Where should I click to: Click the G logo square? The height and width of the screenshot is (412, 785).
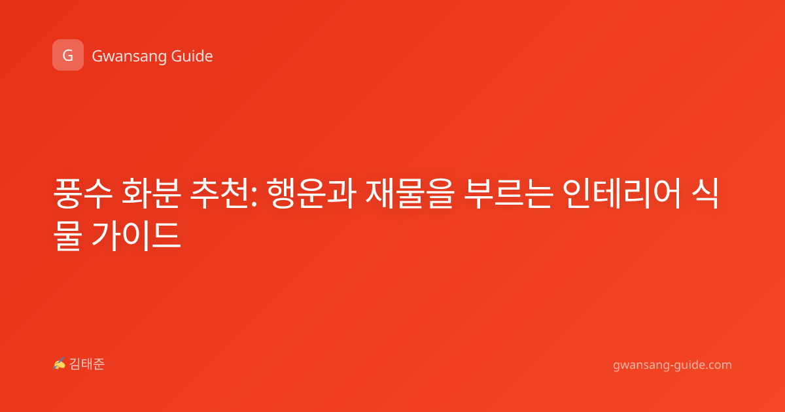pyautogui.click(x=68, y=55)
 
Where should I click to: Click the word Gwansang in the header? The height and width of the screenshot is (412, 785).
pyautogui.click(x=129, y=57)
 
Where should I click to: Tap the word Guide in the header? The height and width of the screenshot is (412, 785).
pyautogui.click(x=192, y=56)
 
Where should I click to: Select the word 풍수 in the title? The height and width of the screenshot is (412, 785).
pyautogui.click(x=83, y=194)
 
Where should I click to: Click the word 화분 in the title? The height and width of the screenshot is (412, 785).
pyautogui.click(x=151, y=194)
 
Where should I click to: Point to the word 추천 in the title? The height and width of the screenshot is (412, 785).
pyautogui.click(x=220, y=194)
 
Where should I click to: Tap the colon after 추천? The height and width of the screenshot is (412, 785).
pyautogui.click(x=254, y=196)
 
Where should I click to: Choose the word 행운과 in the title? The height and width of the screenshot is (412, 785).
pyautogui.click(x=311, y=194)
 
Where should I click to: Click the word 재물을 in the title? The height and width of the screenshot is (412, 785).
pyautogui.click(x=410, y=194)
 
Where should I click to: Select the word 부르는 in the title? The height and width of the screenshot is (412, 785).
pyautogui.click(x=509, y=194)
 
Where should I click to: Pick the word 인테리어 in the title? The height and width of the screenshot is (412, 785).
pyautogui.click(x=622, y=194)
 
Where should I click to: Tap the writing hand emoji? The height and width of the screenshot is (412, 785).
pyautogui.click(x=60, y=364)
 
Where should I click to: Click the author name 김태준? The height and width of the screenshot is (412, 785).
pyautogui.click(x=87, y=364)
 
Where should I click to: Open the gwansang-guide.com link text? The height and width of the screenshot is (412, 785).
pyautogui.click(x=672, y=365)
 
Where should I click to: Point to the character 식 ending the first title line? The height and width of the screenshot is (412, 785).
pyautogui.click(x=705, y=194)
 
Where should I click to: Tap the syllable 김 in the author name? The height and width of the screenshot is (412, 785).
pyautogui.click(x=75, y=364)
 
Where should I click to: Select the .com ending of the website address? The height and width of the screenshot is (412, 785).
pyautogui.click(x=718, y=365)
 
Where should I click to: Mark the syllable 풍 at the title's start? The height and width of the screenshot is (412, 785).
pyautogui.click(x=68, y=194)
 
